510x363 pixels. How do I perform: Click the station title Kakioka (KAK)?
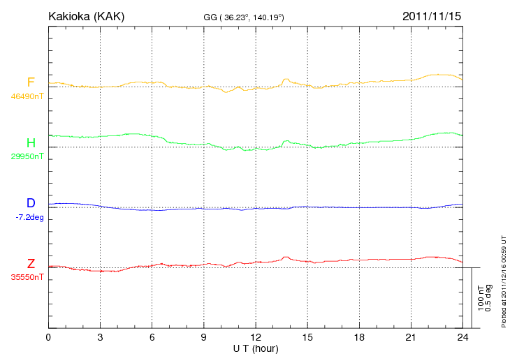point(86,15)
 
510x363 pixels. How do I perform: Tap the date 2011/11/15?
point(432,15)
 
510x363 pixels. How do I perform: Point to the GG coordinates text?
point(242,17)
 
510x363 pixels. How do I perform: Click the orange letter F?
point(31,83)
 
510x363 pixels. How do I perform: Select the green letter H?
point(31,143)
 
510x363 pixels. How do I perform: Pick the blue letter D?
point(31,203)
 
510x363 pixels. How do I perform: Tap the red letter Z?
point(31,264)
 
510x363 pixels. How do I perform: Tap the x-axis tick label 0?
point(48,338)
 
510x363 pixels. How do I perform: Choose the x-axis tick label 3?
point(100,338)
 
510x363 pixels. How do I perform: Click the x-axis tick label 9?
point(203,338)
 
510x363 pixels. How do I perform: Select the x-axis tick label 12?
point(255,338)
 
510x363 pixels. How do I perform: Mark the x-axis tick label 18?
point(358,338)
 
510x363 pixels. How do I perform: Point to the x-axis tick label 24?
point(462,338)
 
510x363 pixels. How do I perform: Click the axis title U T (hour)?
point(255,348)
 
